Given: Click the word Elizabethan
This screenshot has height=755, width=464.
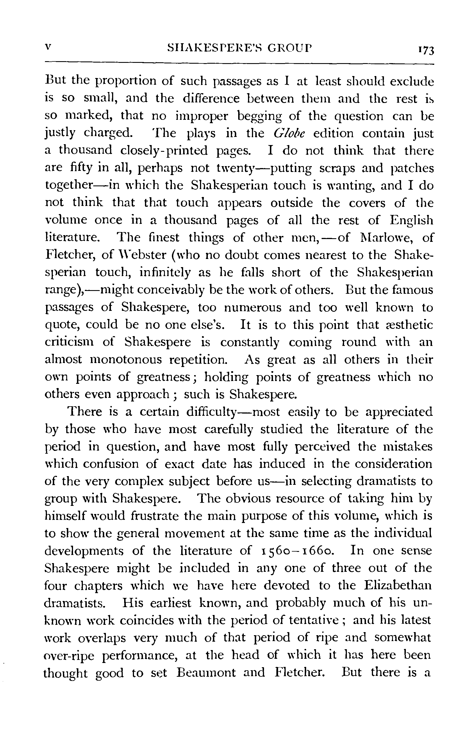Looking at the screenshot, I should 398,586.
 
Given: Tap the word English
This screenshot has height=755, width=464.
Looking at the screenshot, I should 411,220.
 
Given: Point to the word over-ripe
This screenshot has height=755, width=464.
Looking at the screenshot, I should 69,655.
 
